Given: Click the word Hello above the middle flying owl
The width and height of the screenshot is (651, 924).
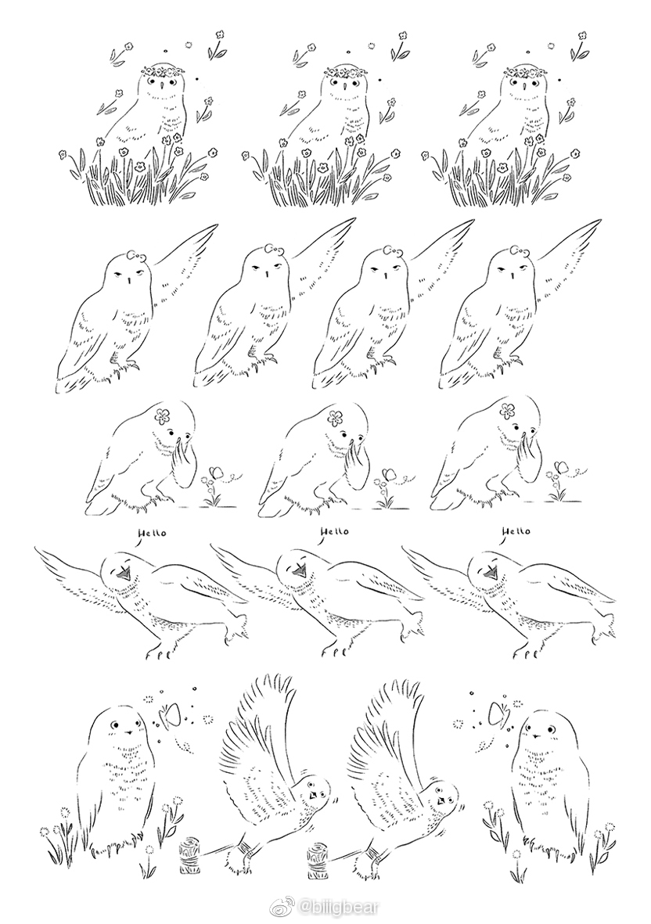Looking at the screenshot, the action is (334, 532).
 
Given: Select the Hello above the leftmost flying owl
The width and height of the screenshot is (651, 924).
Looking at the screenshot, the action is (152, 532).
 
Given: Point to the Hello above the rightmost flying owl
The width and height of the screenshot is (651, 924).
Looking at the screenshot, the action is (516, 532).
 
